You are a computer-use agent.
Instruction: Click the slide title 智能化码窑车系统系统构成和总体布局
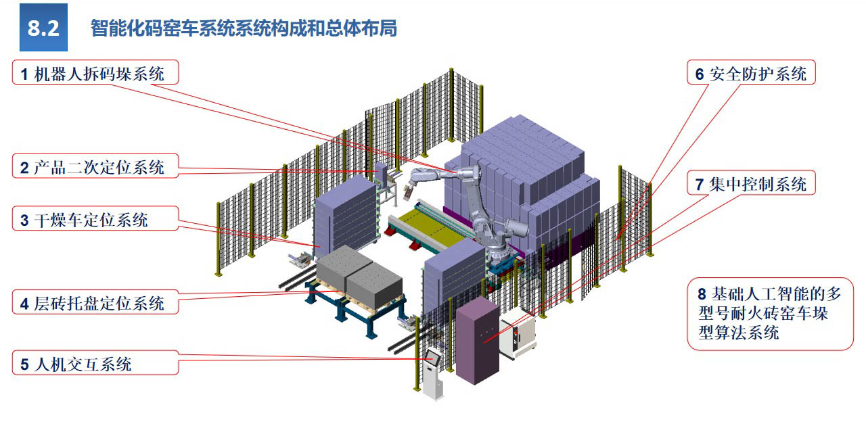click(243, 28)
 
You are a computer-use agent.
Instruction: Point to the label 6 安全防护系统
click(752, 73)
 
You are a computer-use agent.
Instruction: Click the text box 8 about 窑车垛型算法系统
click(770, 313)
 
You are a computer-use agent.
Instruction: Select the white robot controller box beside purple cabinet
click(518, 331)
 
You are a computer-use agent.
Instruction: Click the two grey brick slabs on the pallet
click(359, 274)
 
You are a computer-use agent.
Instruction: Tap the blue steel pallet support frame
click(352, 311)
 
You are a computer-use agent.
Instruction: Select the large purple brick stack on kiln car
click(528, 176)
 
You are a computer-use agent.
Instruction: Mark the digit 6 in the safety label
click(700, 74)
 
